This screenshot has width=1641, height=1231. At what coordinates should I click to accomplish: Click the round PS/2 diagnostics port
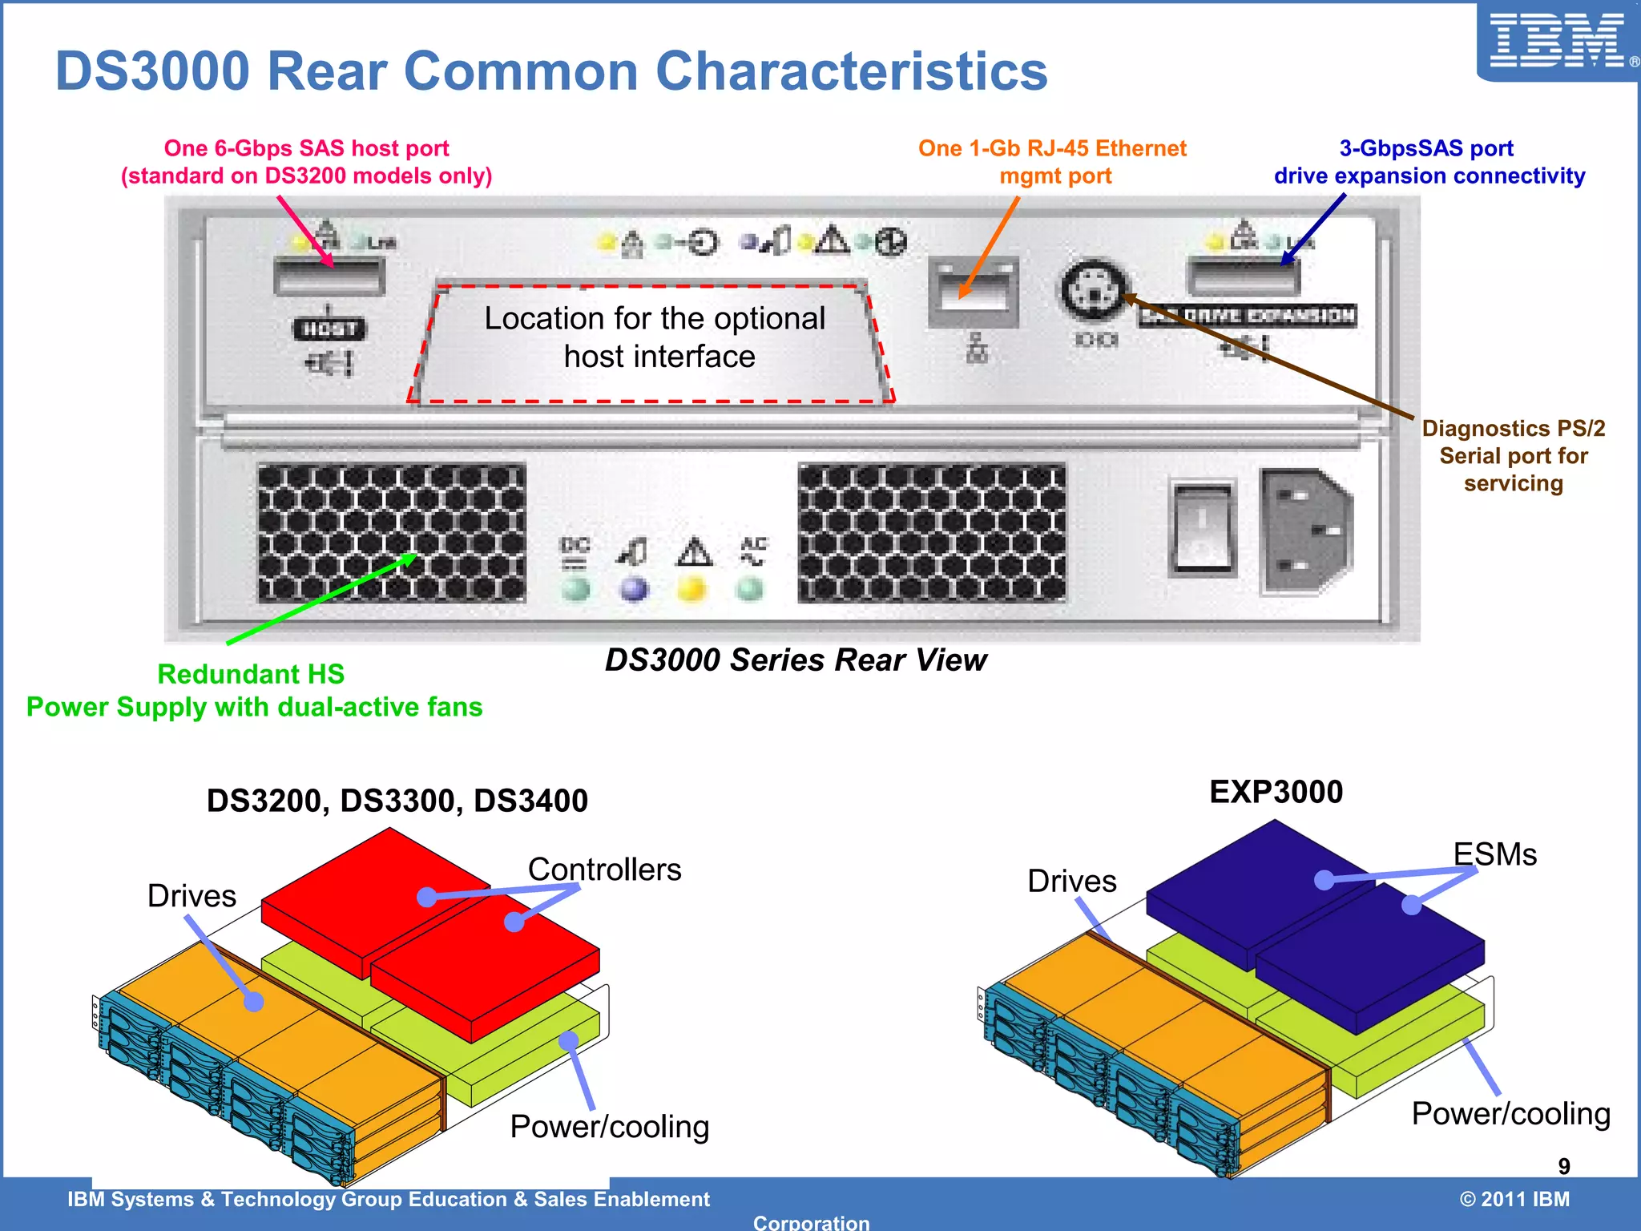[x=1095, y=290]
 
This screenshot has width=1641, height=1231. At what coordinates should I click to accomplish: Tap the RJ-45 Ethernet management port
[x=973, y=293]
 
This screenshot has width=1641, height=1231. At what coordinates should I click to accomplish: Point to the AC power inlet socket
[x=1304, y=531]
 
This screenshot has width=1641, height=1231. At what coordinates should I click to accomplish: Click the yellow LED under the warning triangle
[x=692, y=590]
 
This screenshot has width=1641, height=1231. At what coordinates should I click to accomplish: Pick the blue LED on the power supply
[x=634, y=590]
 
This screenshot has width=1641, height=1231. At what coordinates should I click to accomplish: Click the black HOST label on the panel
[x=329, y=329]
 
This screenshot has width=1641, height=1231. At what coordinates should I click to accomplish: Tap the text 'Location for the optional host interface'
[x=655, y=337]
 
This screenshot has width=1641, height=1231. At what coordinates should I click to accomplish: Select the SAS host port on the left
[x=329, y=277]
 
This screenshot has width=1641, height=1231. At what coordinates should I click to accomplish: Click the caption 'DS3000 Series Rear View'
[x=795, y=660]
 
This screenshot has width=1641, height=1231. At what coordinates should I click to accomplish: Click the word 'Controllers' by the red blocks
[x=604, y=870]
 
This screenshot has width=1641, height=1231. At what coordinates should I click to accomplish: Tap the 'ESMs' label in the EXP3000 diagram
[x=1494, y=854]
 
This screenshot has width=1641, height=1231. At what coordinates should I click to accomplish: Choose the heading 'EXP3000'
[x=1276, y=792]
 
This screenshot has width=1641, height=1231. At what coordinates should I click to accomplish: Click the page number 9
[x=1563, y=1166]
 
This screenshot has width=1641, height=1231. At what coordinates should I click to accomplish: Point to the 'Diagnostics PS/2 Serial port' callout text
[x=1513, y=455]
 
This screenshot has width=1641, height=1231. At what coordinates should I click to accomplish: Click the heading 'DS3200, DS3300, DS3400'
[x=397, y=801]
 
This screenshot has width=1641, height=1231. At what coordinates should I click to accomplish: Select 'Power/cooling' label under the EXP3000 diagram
[x=1510, y=1114]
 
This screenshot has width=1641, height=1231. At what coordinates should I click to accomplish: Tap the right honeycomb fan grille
[x=932, y=533]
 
